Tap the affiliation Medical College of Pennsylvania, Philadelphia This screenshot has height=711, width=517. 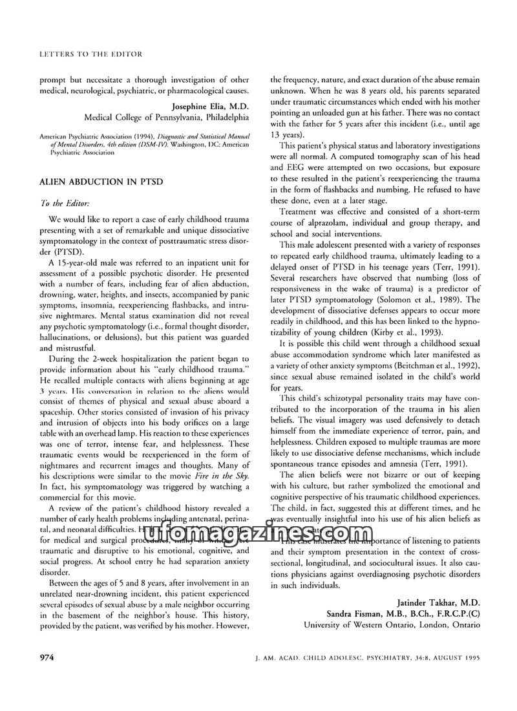(x=166, y=118)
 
